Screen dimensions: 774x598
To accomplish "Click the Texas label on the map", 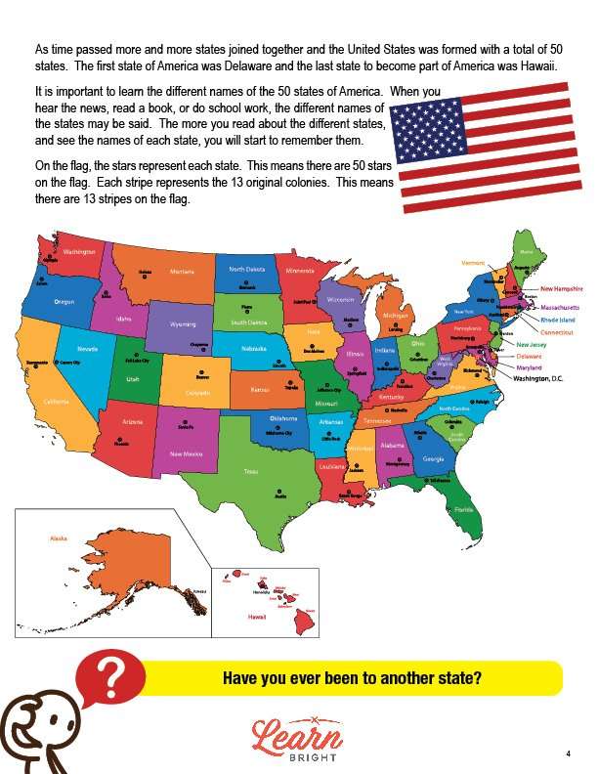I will [x=251, y=472].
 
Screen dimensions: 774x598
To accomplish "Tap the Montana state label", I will [x=182, y=272].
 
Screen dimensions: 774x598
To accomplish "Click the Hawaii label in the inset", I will [x=257, y=617].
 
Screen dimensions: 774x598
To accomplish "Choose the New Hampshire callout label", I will [x=562, y=289].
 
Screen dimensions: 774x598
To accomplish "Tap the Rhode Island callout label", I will [x=558, y=320].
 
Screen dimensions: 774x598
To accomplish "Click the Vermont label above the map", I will [x=474, y=263].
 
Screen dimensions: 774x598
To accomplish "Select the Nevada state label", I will [x=87, y=348].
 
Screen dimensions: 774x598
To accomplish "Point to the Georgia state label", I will [x=433, y=458].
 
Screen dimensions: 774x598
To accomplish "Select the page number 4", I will [x=567, y=753].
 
